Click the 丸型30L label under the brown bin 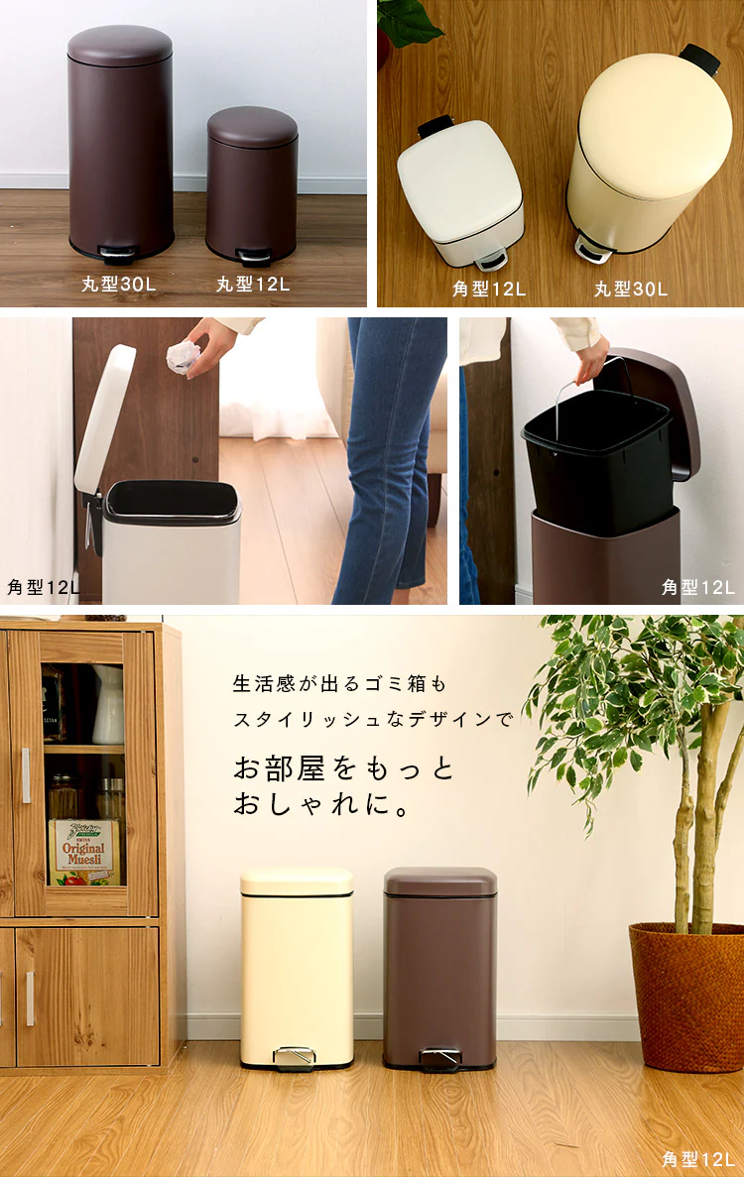tap(119, 284)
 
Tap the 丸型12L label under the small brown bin tap(253, 284)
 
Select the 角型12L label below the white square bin tap(489, 289)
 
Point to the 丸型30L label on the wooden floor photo tap(631, 289)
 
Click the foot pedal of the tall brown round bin tap(118, 255)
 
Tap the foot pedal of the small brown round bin tap(254, 258)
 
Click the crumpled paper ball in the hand tap(184, 357)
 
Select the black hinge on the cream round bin tap(700, 59)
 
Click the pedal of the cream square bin tap(295, 1057)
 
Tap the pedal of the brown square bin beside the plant tap(439, 1058)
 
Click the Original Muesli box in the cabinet tap(84, 852)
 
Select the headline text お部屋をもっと tap(344, 768)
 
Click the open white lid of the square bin tap(104, 418)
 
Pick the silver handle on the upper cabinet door tap(26, 775)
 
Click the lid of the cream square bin tap(297, 882)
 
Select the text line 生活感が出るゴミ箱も tap(340, 684)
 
